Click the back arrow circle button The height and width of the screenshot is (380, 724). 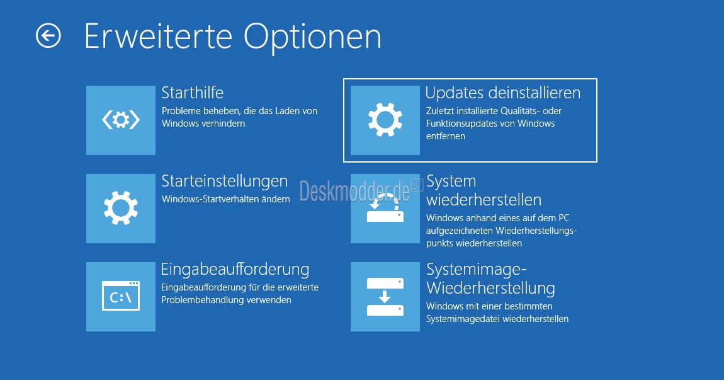[x=48, y=36]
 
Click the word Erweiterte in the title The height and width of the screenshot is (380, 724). [x=159, y=37]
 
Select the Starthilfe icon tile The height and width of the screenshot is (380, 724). [x=121, y=120]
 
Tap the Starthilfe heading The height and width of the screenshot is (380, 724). [x=193, y=93]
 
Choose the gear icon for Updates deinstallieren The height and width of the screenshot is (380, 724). [x=385, y=120]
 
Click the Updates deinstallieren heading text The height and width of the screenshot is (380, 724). [x=503, y=93]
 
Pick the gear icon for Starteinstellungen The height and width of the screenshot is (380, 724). [x=121, y=208]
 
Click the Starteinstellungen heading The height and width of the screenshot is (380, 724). [x=225, y=181]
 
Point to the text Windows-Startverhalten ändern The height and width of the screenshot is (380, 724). [x=226, y=199]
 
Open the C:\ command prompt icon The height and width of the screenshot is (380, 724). [x=121, y=296]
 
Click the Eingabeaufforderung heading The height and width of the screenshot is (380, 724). [x=235, y=270]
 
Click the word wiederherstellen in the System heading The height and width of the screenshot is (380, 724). [x=484, y=200]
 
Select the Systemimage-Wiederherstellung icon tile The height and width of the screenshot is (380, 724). [x=385, y=297]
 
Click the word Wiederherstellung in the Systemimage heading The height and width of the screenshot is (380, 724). [x=491, y=288]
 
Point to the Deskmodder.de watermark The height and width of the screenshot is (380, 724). [x=354, y=191]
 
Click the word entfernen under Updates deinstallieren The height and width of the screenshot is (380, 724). [x=446, y=136]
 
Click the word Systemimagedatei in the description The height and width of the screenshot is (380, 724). [x=463, y=319]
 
